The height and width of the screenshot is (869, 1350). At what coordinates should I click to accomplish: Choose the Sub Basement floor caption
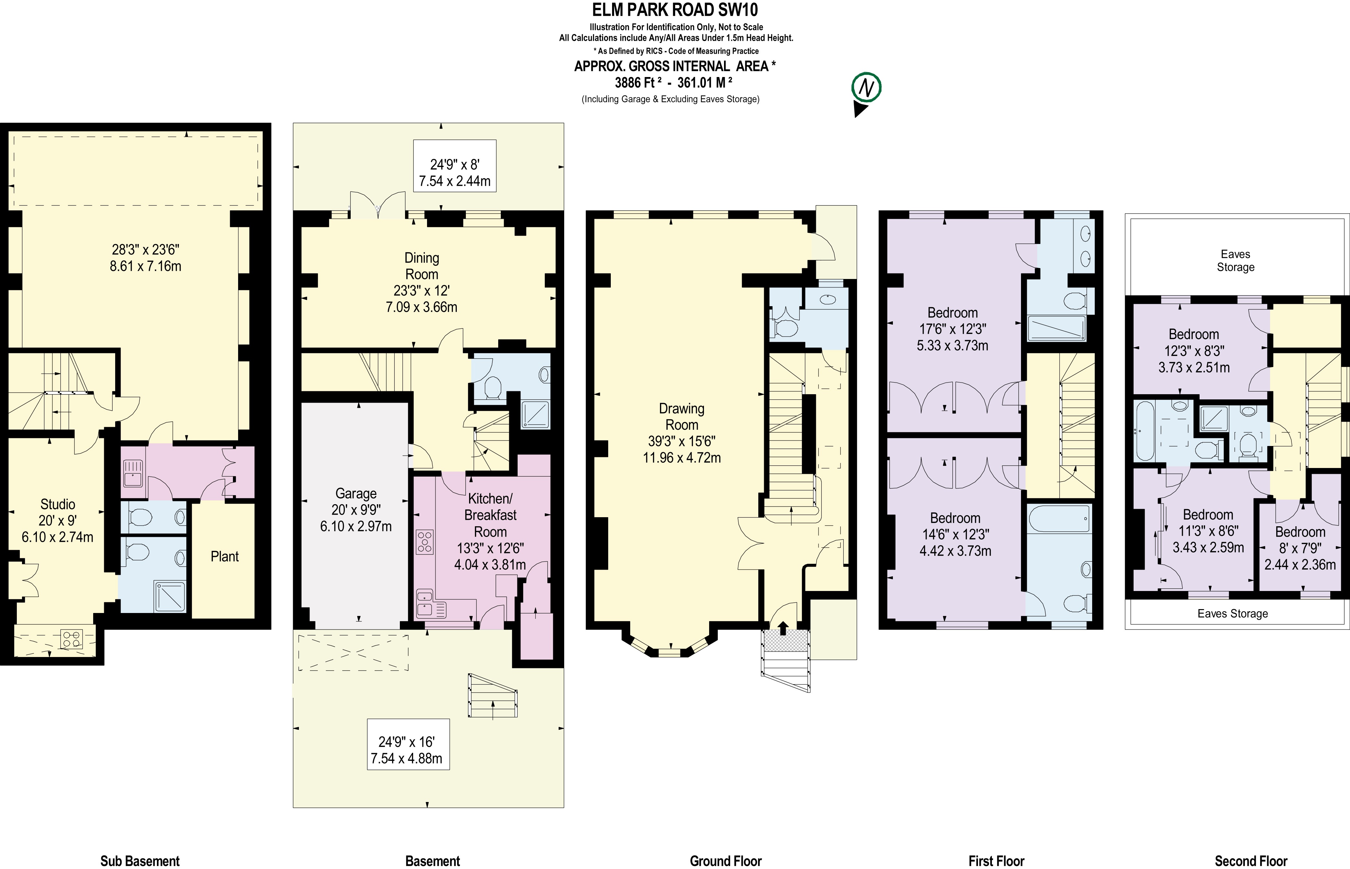pyautogui.click(x=140, y=861)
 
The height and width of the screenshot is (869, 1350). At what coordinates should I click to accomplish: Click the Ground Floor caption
pyautogui.click(x=726, y=861)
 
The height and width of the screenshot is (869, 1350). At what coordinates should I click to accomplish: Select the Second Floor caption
pyautogui.click(x=1251, y=861)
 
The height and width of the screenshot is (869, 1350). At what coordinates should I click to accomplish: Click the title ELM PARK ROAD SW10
pyautogui.click(x=675, y=10)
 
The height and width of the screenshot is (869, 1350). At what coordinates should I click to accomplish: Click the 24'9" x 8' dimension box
pyautogui.click(x=455, y=166)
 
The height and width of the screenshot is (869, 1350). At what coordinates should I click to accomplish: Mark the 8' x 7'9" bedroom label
pyautogui.click(x=1300, y=548)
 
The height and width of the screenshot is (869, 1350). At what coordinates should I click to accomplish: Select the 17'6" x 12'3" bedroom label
pyautogui.click(x=952, y=329)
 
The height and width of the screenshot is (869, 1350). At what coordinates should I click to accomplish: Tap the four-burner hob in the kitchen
pyautogui.click(x=425, y=541)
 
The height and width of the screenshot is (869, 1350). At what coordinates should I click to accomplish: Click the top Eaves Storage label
pyautogui.click(x=1235, y=261)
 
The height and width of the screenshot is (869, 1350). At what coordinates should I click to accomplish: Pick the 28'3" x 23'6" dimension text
pyautogui.click(x=146, y=257)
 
